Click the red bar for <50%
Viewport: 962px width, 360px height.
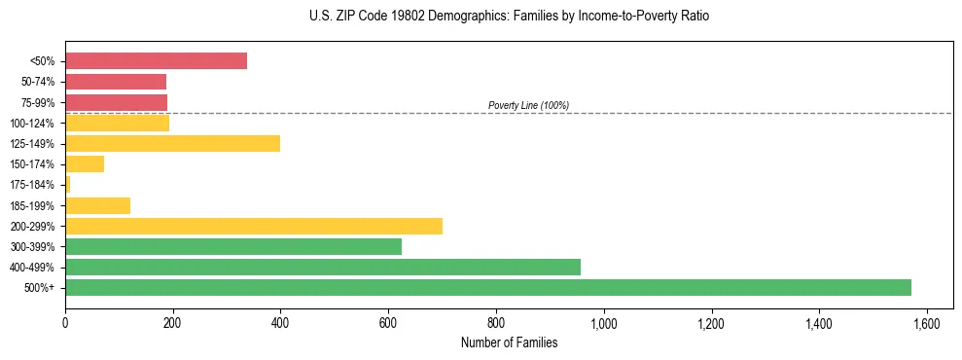(156, 61)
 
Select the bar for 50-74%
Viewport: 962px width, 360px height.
(116, 82)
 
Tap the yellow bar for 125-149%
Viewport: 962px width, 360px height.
(172, 144)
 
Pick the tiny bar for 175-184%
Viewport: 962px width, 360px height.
(68, 185)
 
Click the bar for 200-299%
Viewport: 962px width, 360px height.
(254, 226)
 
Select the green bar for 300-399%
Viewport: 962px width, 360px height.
(233, 246)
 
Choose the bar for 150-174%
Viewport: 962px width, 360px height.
(85, 164)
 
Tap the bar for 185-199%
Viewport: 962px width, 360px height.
(97, 205)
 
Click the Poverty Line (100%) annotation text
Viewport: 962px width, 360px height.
(528, 105)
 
